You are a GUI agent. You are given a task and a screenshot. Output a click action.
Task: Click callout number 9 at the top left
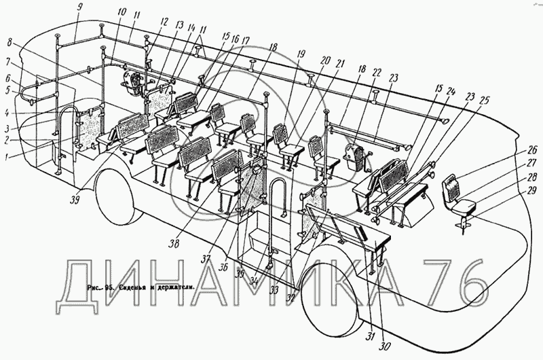click(79, 8)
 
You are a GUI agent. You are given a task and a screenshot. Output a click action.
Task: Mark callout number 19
click(301, 54)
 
